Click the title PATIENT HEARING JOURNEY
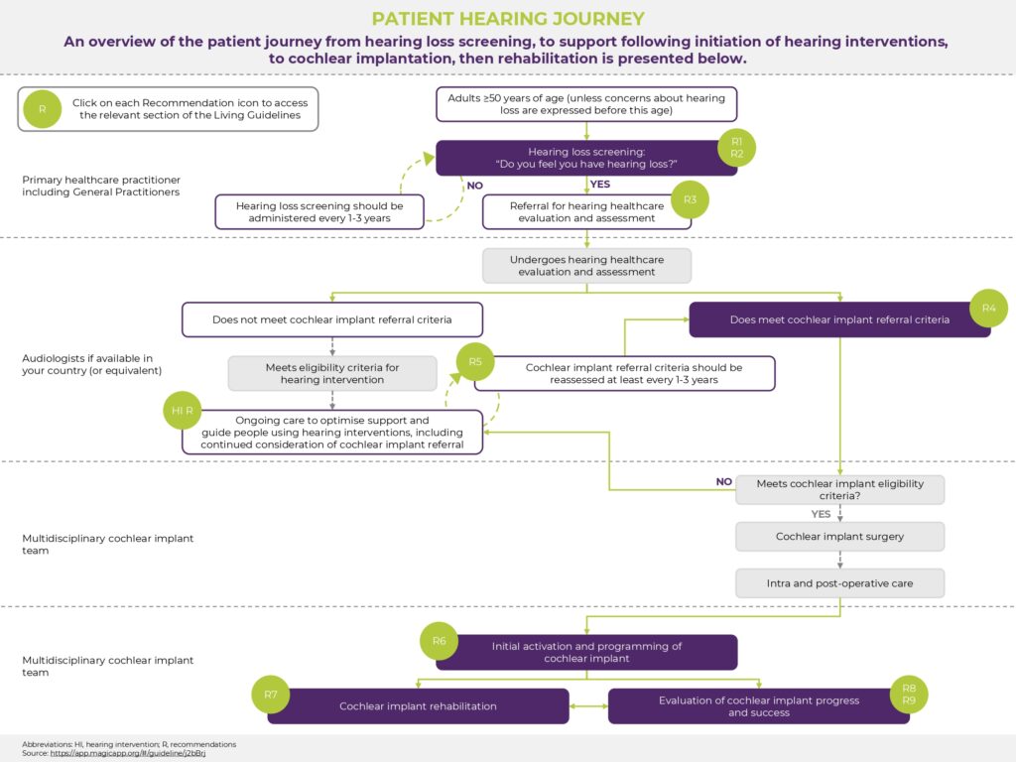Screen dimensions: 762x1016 coord(507,19)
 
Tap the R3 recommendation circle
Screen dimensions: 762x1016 coord(690,199)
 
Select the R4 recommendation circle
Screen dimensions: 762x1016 coord(988,309)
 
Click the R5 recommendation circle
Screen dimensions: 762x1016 coord(475,362)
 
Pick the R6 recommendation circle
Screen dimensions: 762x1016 coord(439,641)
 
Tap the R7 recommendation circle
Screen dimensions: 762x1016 coord(271,695)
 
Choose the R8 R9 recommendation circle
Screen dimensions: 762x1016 coord(909,694)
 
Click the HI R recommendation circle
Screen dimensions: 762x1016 coord(183,410)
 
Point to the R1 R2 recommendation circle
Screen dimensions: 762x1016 coord(736,148)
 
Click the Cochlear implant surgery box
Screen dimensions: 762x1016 coord(839,537)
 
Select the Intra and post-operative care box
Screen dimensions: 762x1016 coord(839,582)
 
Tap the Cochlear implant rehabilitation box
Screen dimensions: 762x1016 coord(418,706)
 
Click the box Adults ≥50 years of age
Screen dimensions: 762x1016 coord(586,104)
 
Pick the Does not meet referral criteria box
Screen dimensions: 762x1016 coord(332,319)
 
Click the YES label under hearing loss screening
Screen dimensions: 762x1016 coord(600,185)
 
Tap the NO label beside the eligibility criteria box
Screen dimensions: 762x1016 coord(723,482)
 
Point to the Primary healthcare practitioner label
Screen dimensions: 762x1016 coord(101,186)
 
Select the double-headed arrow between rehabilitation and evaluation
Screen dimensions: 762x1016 coord(588,706)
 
